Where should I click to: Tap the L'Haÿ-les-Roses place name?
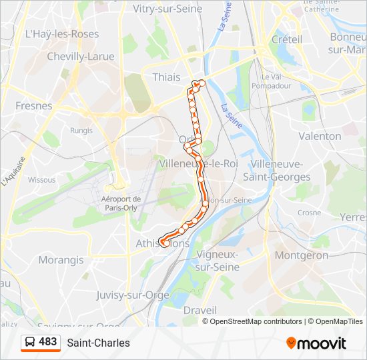pos(61,34)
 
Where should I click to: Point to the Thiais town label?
pos(166,77)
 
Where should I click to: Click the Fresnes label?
pos(33,105)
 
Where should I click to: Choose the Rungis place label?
pos(81,131)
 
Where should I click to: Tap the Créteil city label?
pos(287,39)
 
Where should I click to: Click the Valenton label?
pos(320,136)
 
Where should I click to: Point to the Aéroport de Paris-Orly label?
pos(121,203)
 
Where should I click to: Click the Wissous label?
pos(41,179)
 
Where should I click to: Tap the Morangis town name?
pos(61,259)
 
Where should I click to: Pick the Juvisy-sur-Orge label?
pos(133,294)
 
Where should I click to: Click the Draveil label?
pos(200,310)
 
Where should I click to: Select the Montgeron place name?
pos(302,255)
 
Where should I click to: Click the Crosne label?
pos(309,213)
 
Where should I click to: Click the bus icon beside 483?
pos(29,343)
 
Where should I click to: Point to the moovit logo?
pos(316,343)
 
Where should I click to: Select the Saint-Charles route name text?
pos(98,343)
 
